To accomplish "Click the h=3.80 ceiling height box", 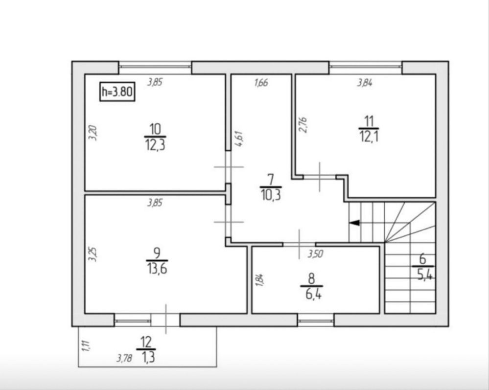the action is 117,92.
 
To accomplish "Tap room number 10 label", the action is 155,129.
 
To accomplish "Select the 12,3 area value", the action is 155,145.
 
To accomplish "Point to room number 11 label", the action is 369,121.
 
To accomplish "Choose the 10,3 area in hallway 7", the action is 271,195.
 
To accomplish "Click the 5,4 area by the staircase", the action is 424,275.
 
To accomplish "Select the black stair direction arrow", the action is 354,223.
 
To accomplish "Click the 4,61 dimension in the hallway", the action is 239,139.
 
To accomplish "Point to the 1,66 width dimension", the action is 261,83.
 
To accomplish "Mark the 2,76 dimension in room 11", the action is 303,125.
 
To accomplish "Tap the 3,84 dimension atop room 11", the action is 365,83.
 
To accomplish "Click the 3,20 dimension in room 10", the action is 93,133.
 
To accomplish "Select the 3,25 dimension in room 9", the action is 93,254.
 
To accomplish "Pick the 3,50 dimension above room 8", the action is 315,254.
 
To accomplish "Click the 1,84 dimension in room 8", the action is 259,280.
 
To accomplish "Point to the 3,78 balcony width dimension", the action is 124,359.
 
